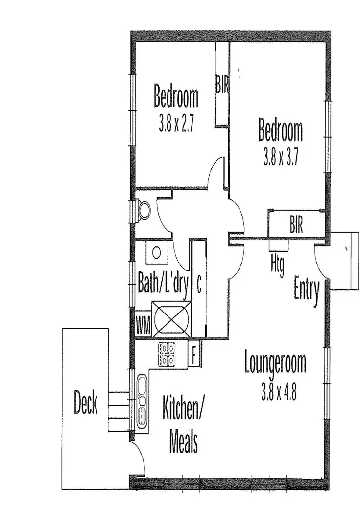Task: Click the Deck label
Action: click(x=86, y=403)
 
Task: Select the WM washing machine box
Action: click(x=143, y=323)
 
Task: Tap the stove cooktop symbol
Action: click(x=168, y=355)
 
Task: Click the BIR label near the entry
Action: click(x=296, y=226)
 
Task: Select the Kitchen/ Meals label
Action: click(x=183, y=425)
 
